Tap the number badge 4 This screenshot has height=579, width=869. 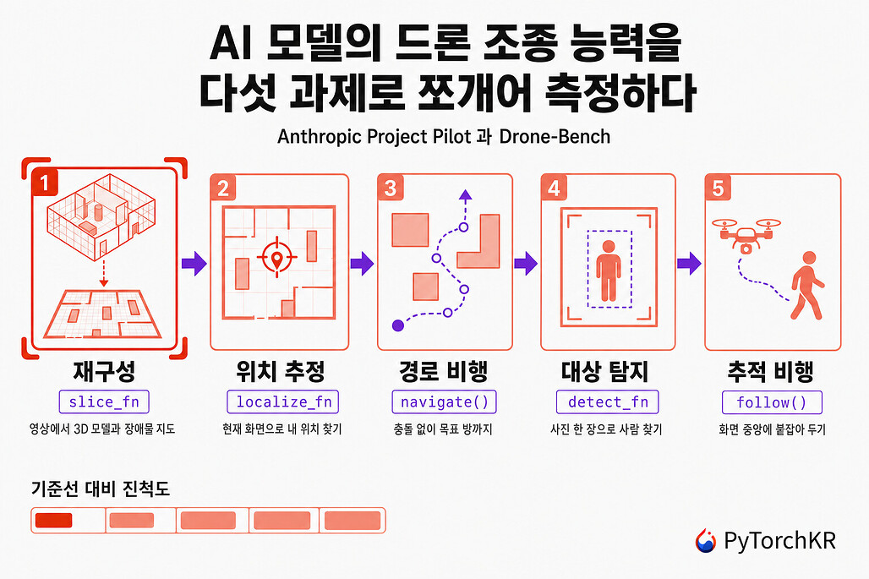[x=553, y=188]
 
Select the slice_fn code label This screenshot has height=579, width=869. [x=104, y=401]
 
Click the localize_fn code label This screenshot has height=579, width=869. [x=282, y=401]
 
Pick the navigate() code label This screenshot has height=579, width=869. [x=445, y=401]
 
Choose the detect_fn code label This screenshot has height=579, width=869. [x=608, y=401]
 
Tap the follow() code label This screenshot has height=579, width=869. [x=772, y=402]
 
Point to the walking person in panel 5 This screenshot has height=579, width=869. [x=808, y=286]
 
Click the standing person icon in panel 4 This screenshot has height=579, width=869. [x=609, y=270]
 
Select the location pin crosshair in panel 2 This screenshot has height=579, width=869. [x=276, y=257]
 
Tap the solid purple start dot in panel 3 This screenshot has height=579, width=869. [x=398, y=325]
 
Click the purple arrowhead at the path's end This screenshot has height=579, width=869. [x=466, y=194]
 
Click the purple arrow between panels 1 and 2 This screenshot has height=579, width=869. [x=194, y=263]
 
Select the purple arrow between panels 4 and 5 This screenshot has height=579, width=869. [x=689, y=263]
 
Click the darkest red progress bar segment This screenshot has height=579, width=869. [x=54, y=521]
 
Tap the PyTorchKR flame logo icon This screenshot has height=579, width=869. [x=706, y=541]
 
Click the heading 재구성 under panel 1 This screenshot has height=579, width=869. [x=104, y=371]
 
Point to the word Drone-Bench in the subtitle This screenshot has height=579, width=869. [x=555, y=136]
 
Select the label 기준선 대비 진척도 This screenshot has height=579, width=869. [x=101, y=489]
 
